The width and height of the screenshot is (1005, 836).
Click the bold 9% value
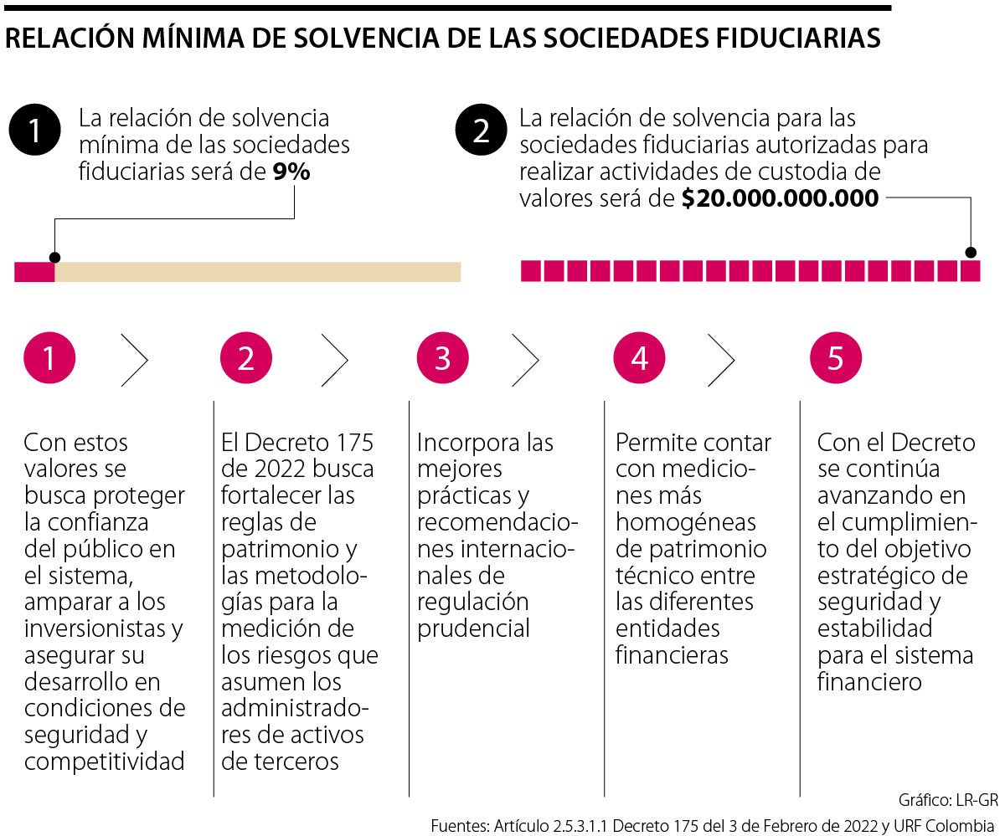coord(291,172)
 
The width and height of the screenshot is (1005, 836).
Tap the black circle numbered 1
coord(34,132)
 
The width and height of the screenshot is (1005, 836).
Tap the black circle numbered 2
coord(481,132)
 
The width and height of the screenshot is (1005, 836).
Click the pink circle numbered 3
coord(442,358)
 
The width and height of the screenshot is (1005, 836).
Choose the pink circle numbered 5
coord(835,358)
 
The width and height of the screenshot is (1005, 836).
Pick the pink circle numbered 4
coord(639,358)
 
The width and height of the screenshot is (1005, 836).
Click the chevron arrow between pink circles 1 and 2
coord(135,359)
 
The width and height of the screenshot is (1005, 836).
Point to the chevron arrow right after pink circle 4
coord(722,359)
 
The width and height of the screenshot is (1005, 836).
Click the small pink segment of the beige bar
coord(34,272)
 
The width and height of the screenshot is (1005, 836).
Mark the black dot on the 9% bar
coord(54,258)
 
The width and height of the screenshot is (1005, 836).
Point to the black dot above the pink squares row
coord(971,252)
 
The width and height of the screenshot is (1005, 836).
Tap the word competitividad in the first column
coord(105,762)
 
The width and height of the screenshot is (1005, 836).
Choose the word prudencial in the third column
coord(473,628)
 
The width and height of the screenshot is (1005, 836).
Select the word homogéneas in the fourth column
coord(685,522)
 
